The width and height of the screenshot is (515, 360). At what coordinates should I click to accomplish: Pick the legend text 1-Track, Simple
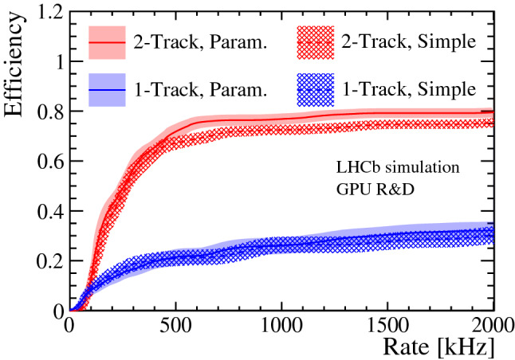coord(407,88)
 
